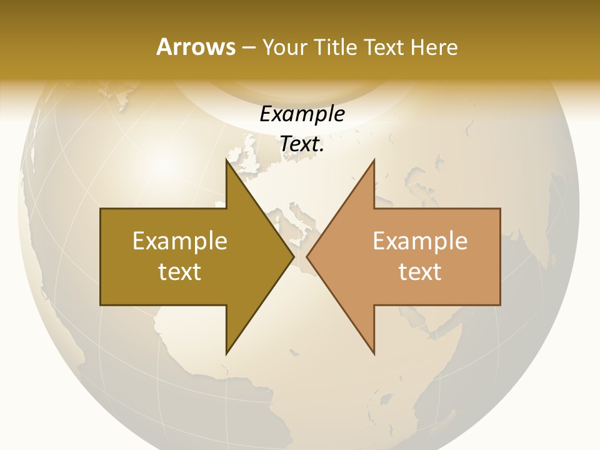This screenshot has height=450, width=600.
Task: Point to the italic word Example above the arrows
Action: click(x=302, y=114)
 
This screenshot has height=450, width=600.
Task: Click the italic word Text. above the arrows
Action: click(x=302, y=144)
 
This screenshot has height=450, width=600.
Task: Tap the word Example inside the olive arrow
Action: click(x=180, y=241)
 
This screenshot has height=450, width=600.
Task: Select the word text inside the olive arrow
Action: click(x=180, y=271)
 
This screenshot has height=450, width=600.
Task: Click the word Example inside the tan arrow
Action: click(x=420, y=241)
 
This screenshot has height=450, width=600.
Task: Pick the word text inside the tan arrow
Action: click(x=420, y=271)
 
